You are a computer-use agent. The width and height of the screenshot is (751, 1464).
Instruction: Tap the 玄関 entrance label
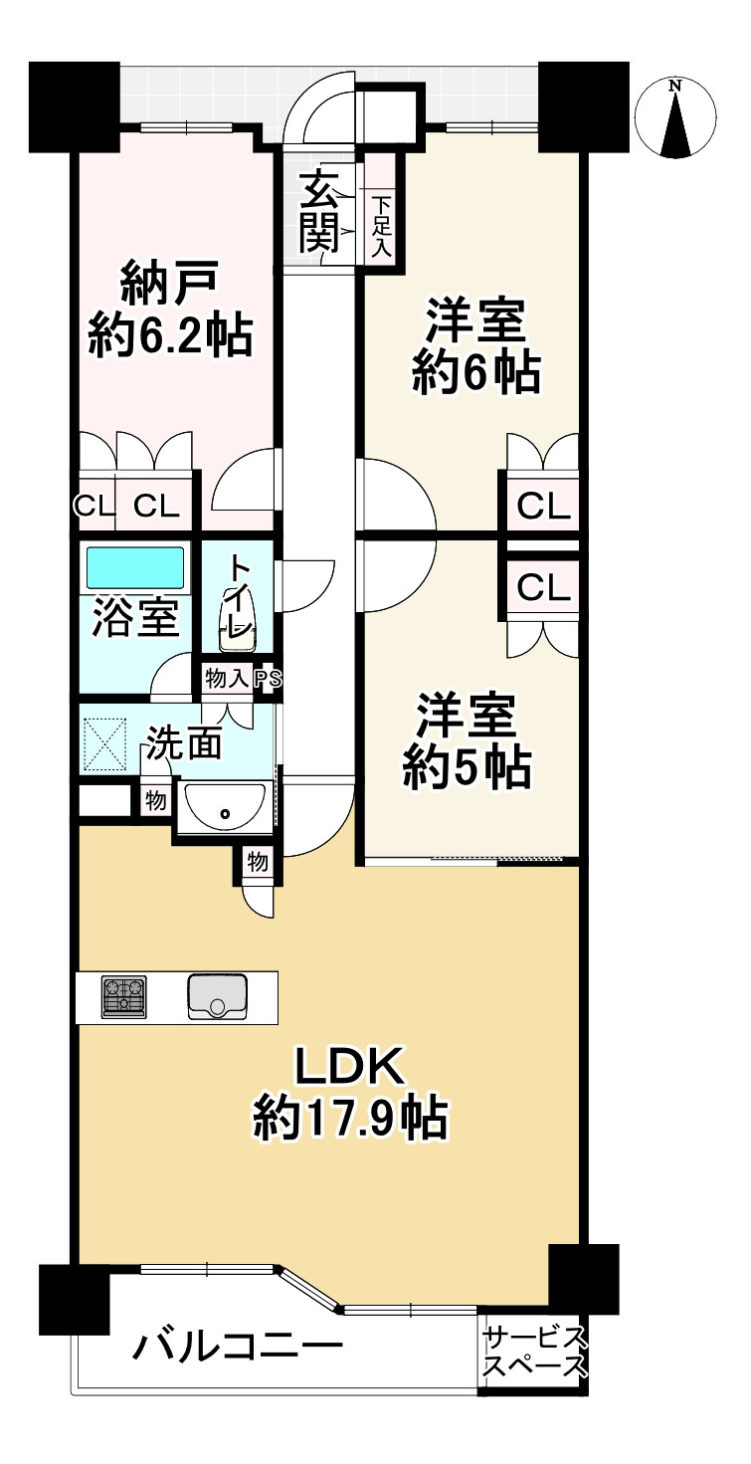(319, 211)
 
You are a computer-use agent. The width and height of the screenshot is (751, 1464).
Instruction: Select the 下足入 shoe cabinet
(381, 228)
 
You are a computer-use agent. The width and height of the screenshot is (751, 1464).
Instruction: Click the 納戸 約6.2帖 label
(169, 310)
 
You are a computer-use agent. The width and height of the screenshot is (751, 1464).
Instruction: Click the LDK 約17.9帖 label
(349, 1094)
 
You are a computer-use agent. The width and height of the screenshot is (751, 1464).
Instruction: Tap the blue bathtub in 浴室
(134, 567)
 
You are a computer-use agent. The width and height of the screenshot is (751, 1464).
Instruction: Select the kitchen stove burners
(123, 996)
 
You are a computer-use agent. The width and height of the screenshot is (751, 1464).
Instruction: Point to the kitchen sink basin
(217, 996)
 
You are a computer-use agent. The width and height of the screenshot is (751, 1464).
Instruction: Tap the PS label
(268, 679)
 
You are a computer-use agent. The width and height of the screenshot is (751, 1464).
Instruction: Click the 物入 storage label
(227, 679)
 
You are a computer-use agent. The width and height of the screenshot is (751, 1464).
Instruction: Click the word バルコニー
(238, 1350)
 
